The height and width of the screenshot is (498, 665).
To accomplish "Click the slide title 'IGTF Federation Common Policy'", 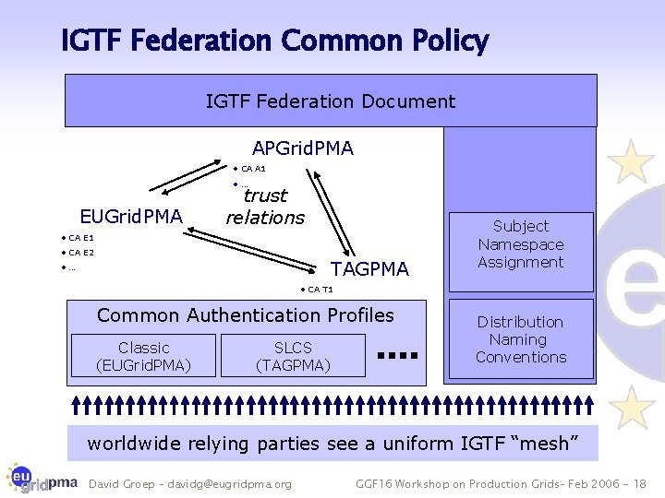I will [x=274, y=41].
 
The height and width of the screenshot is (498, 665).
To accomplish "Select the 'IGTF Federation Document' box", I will [x=330, y=101].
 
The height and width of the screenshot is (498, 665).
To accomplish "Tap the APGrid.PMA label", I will [x=302, y=148].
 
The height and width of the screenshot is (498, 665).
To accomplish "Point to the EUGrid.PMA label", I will [x=131, y=217].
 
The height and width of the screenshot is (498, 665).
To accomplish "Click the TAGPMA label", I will [x=369, y=269].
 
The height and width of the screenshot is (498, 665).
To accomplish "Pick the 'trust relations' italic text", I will [x=265, y=207].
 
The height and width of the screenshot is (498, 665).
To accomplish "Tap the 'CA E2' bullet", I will [x=80, y=253].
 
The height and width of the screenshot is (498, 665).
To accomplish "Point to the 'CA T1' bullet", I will [x=320, y=290].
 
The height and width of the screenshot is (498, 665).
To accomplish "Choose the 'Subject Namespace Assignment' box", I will [x=520, y=244].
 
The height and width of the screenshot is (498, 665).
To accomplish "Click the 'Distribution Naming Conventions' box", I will [x=520, y=339].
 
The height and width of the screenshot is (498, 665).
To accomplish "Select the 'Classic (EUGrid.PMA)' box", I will [x=143, y=356].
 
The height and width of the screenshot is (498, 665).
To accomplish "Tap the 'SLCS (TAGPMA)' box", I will [x=293, y=356].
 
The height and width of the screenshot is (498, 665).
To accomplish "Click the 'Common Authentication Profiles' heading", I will [x=246, y=315].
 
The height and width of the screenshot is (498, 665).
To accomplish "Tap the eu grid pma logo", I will [x=41, y=478].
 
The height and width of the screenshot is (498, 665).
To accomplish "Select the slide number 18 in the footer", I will [x=640, y=484].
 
